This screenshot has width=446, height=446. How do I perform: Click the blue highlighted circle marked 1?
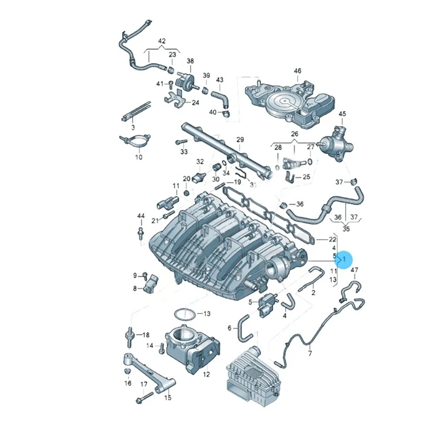(x=344, y=259)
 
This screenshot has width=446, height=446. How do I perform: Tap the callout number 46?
(x=297, y=71)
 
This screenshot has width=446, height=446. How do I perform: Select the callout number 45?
(x=342, y=114)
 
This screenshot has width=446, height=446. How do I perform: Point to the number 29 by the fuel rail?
(x=240, y=139)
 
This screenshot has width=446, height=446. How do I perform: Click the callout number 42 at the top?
(x=162, y=41)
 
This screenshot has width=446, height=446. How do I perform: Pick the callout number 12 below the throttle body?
(x=206, y=374)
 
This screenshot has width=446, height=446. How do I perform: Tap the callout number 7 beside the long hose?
(x=310, y=354)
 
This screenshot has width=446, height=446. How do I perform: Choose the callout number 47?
(x=355, y=270)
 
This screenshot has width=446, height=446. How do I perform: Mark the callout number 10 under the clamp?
(x=138, y=157)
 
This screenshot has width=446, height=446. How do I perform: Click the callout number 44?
(x=140, y=216)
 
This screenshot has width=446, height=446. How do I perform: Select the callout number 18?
(x=146, y=335)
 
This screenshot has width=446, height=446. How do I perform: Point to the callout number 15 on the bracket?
(x=168, y=397)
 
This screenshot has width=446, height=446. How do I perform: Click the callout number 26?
(x=294, y=134)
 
